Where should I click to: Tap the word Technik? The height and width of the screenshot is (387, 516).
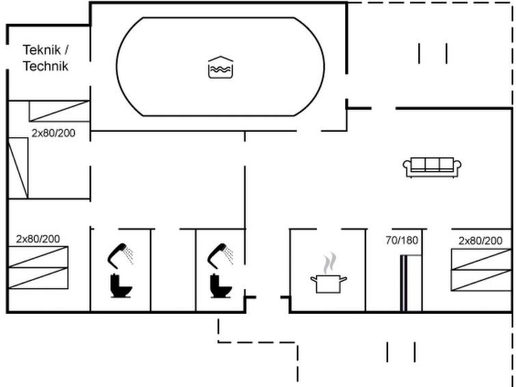click(x=46, y=66)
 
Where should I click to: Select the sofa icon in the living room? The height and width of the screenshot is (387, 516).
click(x=433, y=167)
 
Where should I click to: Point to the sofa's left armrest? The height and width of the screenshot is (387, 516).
click(x=407, y=167)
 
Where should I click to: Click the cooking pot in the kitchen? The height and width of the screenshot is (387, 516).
click(x=329, y=282)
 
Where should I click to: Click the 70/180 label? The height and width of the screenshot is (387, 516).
click(x=401, y=240)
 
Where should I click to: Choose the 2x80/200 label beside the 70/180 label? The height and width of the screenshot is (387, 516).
click(x=480, y=240)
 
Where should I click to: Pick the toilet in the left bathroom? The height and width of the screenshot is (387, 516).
click(x=120, y=284)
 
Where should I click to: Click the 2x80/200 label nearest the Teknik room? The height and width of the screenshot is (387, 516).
click(x=53, y=133)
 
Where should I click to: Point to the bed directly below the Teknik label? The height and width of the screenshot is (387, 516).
click(x=59, y=111)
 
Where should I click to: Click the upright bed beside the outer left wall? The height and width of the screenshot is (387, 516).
click(x=18, y=168)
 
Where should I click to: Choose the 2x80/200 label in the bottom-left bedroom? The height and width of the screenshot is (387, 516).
click(x=38, y=239)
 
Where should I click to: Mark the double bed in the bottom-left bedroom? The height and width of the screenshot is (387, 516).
click(x=38, y=267)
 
